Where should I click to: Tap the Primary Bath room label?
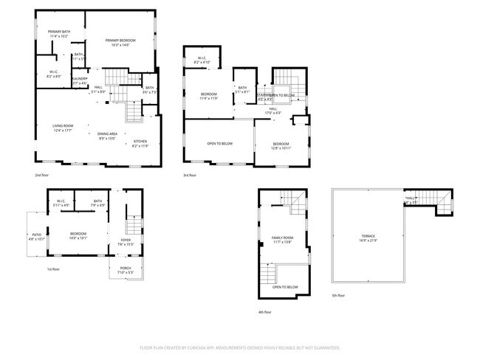coord(58,31)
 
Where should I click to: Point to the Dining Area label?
coord(108,134)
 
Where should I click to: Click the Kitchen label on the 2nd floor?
coord(140,141)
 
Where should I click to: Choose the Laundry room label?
coord(80,79)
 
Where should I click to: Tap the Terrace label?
coord(368,236)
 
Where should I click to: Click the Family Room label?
coord(283,238)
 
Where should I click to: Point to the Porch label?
coord(126,269)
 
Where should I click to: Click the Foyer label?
coord(126,240)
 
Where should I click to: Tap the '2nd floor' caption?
coord(42,175)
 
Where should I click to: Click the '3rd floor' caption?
coord(191,175)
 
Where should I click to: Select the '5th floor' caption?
coord(338,295)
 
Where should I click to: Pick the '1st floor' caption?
coord(53,269)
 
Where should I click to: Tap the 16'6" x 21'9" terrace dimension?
coord(368,241)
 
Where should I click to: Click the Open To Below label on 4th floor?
coord(285,286)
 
